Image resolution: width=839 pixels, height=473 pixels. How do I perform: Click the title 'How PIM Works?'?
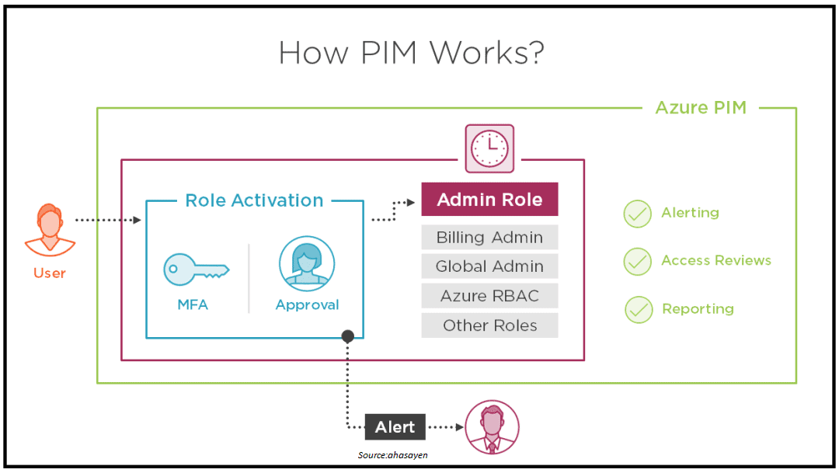(411, 53)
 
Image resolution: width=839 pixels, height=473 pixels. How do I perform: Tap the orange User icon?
(50, 229)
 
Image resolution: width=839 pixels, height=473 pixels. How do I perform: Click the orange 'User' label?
(50, 273)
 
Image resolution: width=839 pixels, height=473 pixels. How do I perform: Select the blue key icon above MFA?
(195, 269)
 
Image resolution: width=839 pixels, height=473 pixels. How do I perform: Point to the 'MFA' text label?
(193, 305)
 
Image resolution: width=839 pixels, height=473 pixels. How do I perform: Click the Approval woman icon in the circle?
(307, 264)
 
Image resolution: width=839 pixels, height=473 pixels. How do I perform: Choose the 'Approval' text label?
(307, 305)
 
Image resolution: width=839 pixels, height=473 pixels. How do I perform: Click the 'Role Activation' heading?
(254, 200)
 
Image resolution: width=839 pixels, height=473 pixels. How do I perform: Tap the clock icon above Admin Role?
(489, 148)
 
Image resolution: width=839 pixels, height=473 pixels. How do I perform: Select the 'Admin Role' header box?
(489, 200)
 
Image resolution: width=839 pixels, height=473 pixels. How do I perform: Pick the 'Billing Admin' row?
(489, 238)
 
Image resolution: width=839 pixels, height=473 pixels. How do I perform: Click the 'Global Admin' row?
(489, 266)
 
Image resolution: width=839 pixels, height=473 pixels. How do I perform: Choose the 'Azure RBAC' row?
(489, 296)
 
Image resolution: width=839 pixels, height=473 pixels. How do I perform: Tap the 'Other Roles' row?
(489, 325)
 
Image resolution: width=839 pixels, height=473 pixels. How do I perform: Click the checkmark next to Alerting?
(638, 214)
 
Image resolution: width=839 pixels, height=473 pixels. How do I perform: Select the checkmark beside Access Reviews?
(638, 262)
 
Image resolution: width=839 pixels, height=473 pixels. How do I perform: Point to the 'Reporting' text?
(698, 309)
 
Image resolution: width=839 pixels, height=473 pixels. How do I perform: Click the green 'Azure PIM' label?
(701, 108)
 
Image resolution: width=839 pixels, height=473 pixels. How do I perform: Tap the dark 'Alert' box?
(395, 427)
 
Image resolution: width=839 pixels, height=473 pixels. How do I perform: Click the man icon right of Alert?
(492, 427)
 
